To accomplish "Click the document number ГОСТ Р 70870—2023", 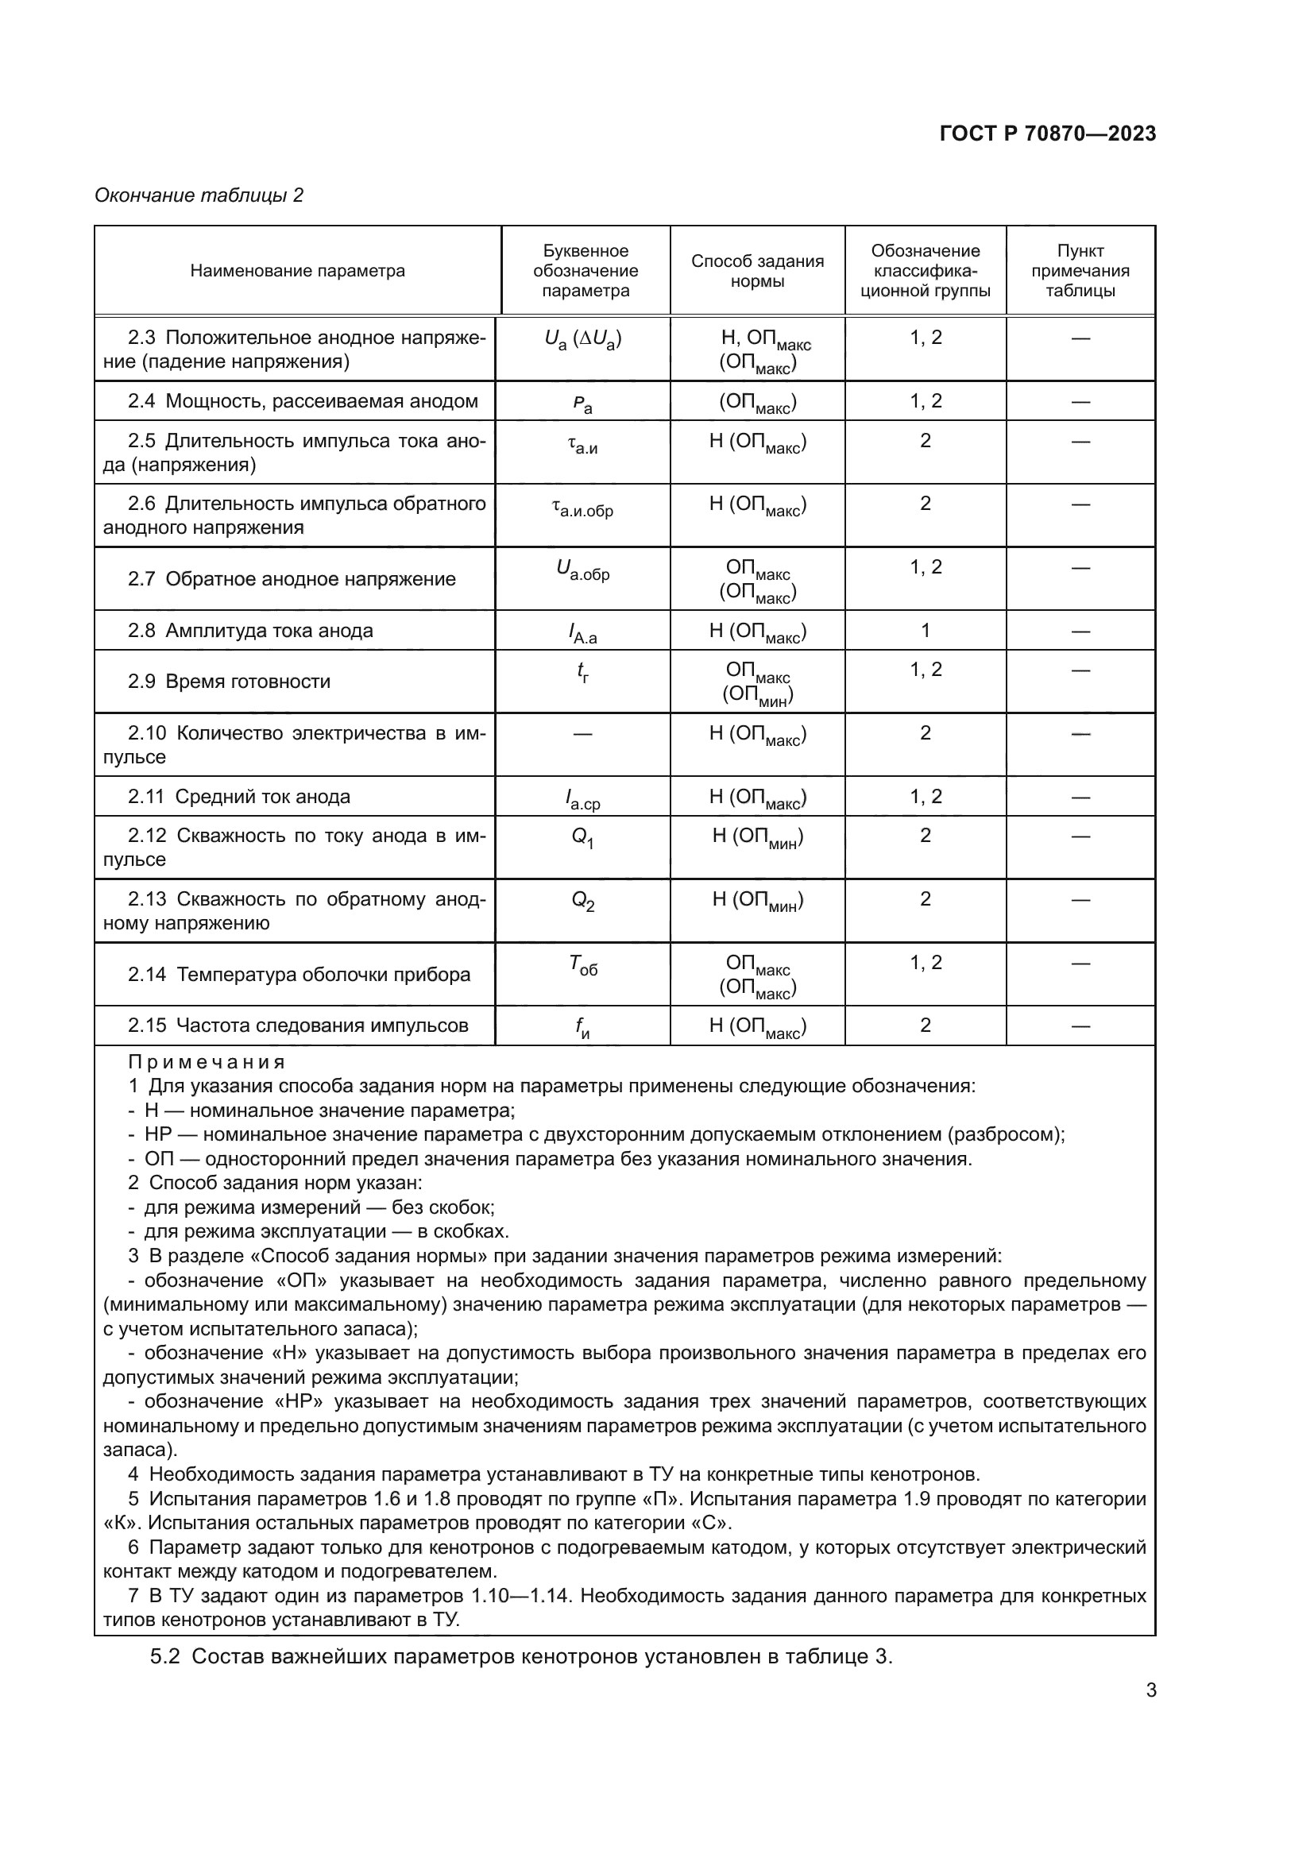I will pyautogui.click(x=1048, y=133).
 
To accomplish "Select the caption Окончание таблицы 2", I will pyautogui.click(x=199, y=195).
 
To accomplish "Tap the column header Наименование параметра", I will pyautogui.click(x=297, y=271).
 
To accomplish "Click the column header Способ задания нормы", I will pyautogui.click(x=756, y=271).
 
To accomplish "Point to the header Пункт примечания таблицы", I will pyautogui.click(x=1080, y=271).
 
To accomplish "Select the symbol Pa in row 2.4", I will pyautogui.click(x=582, y=403).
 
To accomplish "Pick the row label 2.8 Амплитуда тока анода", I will pyautogui.click(x=250, y=631).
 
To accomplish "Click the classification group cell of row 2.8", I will pyautogui.click(x=925, y=631).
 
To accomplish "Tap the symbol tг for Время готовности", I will pyautogui.click(x=582, y=672).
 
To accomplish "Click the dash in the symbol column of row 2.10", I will pyautogui.click(x=582, y=734).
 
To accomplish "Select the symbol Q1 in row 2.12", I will pyautogui.click(x=582, y=837).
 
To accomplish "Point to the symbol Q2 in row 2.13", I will pyautogui.click(x=582, y=901).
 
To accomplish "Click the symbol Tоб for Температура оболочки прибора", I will pyautogui.click(x=582, y=964).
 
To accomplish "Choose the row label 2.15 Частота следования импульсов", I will pyautogui.click(x=298, y=1026).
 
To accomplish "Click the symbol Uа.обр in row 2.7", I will pyautogui.click(x=582, y=570).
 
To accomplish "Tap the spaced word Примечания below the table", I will pyautogui.click(x=207, y=1063).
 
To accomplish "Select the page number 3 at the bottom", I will pyautogui.click(x=1150, y=1690).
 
